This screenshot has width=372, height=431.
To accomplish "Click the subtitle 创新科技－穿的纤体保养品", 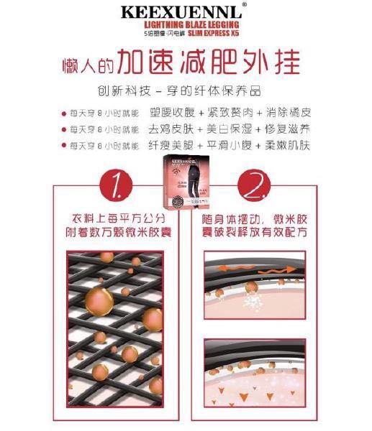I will coord(186,92).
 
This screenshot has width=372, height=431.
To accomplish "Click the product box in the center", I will coord(186,184).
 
